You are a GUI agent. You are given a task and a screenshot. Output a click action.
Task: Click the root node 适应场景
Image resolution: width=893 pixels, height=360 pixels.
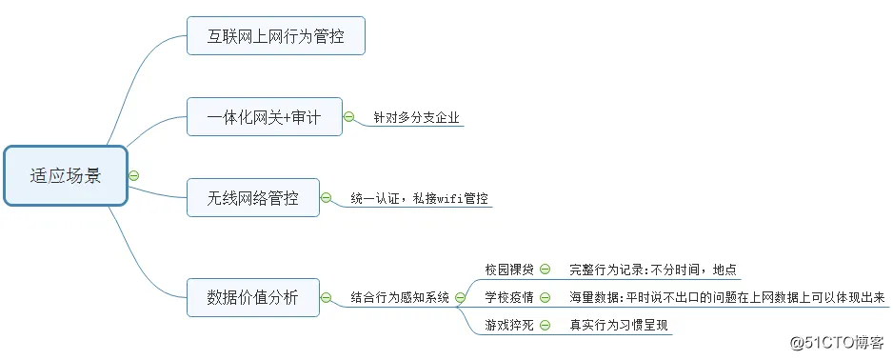[x=65, y=175]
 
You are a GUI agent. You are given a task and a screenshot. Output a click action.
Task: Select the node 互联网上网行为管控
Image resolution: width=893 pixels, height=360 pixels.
[x=275, y=36]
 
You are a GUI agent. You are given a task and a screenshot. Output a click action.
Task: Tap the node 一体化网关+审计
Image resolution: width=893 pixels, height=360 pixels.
[x=264, y=117]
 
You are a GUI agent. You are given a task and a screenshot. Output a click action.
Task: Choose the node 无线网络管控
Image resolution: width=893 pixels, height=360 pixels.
[x=252, y=198]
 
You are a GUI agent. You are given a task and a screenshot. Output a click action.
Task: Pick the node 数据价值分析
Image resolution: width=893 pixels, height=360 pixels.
[x=252, y=297]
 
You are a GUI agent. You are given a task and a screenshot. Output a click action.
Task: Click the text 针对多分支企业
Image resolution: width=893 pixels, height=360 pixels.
[x=416, y=118]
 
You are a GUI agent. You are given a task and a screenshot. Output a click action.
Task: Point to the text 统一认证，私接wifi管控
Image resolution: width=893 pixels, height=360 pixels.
[x=419, y=199]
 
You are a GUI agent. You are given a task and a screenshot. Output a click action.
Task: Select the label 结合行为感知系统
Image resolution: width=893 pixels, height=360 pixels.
[x=400, y=297]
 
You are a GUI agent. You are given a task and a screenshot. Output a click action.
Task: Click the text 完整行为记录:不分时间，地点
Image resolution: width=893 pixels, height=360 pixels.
[x=652, y=270]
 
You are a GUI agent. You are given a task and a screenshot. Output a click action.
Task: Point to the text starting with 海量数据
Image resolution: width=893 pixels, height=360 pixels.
[x=727, y=297]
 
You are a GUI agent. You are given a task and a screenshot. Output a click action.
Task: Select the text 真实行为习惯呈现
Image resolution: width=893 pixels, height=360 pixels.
[x=619, y=325]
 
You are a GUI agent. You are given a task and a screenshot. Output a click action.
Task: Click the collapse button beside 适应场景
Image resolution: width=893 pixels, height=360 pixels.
[x=134, y=175]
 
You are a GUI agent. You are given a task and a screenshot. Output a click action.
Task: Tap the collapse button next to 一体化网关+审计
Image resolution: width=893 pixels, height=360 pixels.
[x=348, y=117]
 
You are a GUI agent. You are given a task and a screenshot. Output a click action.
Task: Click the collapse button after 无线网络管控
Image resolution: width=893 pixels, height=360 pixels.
[x=327, y=198]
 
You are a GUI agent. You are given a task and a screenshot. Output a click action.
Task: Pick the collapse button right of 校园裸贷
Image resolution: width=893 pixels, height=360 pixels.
[x=546, y=270]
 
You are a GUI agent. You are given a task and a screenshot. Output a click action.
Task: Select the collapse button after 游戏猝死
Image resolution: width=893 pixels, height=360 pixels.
[x=546, y=325]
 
